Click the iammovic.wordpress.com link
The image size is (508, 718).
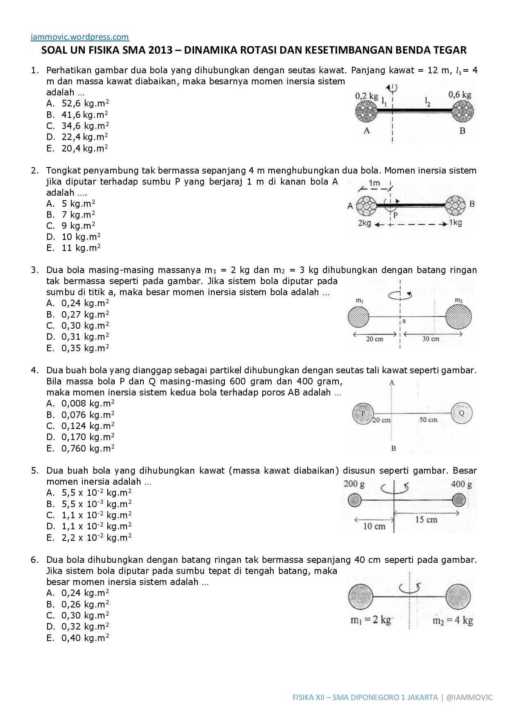[80, 37]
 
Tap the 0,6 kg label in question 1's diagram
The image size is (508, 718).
[460, 95]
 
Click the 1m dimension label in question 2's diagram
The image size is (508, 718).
[374, 183]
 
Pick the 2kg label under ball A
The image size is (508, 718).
[364, 223]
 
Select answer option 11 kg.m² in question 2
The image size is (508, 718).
[81, 248]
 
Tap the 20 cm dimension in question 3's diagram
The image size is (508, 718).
[375, 339]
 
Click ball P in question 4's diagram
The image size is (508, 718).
[363, 414]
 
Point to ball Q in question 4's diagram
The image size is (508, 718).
[462, 413]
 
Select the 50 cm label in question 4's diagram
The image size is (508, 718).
[428, 420]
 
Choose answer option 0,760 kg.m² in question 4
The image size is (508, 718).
[88, 449]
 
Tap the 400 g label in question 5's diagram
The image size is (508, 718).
[461, 485]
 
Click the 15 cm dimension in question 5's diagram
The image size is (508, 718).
[426, 520]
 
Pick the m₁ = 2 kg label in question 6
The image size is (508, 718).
[371, 620]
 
